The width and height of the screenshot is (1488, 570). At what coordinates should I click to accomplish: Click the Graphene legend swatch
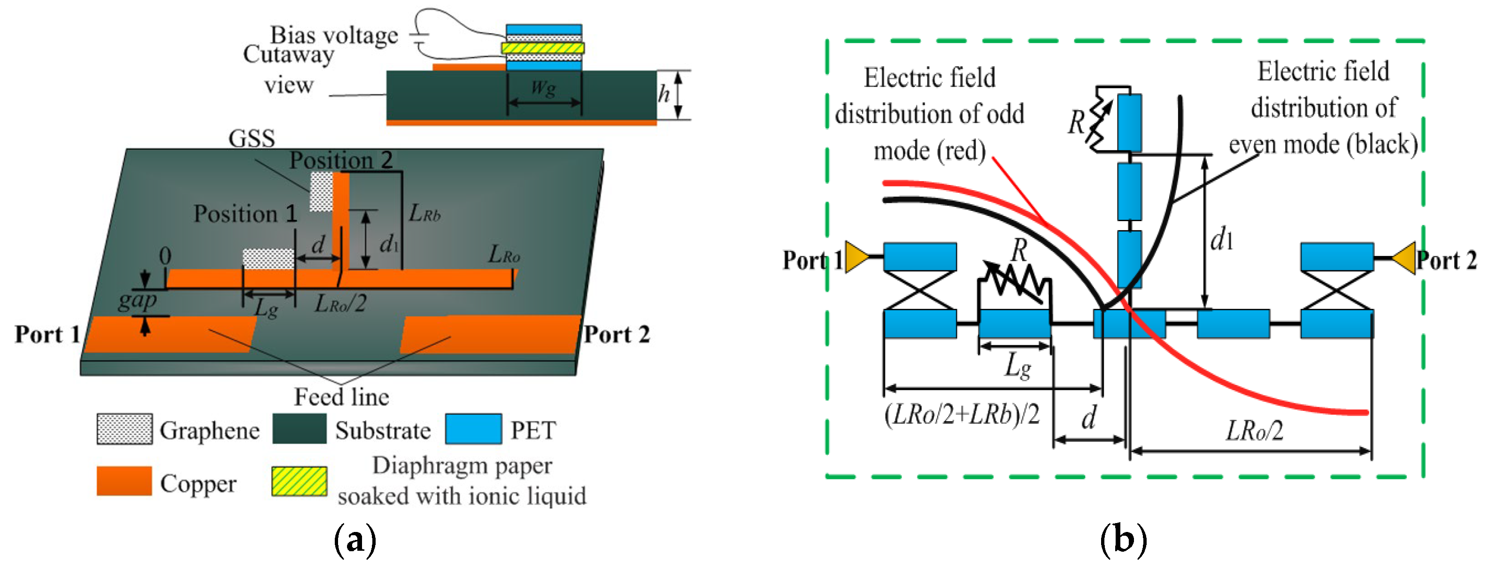(124, 429)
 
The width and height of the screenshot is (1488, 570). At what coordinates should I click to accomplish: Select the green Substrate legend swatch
(299, 429)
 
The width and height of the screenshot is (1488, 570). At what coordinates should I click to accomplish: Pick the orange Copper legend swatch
(123, 481)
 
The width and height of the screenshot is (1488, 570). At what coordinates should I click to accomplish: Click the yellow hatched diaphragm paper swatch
(299, 481)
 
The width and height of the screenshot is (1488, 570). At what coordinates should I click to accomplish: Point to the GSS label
(251, 139)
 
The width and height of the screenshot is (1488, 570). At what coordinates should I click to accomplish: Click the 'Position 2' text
(341, 160)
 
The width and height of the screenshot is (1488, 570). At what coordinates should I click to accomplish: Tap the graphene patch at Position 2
(321, 192)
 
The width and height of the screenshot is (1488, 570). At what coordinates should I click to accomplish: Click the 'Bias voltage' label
(334, 35)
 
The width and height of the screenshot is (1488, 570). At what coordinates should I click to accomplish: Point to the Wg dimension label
(543, 88)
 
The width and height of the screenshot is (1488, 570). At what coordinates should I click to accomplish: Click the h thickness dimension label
(664, 93)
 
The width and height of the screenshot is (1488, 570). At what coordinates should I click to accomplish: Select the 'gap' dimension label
(137, 300)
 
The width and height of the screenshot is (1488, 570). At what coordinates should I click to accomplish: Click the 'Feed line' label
(341, 397)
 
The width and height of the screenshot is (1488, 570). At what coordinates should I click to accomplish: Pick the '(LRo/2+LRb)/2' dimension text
(962, 414)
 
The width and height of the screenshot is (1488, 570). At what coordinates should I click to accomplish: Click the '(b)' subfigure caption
(1123, 540)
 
